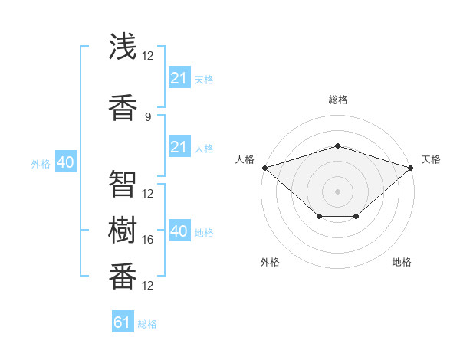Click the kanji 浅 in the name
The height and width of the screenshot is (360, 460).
coord(123,46)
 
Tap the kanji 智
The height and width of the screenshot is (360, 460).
coord(123,184)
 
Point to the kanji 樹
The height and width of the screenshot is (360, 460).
coord(123,230)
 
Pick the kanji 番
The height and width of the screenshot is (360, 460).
coord(123,276)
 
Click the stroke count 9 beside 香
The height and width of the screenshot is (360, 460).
coord(148,117)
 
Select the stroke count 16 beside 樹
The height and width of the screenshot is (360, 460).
coord(147,240)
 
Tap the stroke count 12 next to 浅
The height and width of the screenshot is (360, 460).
coord(147,56)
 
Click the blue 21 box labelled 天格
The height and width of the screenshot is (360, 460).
coord(179,77)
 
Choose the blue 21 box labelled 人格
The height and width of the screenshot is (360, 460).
coord(179,146)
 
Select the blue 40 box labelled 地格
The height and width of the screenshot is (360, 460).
coord(179,230)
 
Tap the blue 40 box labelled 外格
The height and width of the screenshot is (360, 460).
coord(66,162)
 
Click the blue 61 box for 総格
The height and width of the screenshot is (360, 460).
coord(123,321)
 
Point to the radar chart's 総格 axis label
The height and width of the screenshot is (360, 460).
coord(338,100)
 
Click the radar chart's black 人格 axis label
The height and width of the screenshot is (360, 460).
coord(245,159)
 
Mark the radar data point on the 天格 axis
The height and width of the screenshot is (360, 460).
coord(411,168)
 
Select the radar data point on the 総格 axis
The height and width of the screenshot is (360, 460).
coord(338,146)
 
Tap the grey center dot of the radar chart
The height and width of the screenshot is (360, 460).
coord(337,191)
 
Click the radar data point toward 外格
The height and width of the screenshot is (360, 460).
coord(320,216)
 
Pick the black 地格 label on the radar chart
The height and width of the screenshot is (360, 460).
coord(402,262)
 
